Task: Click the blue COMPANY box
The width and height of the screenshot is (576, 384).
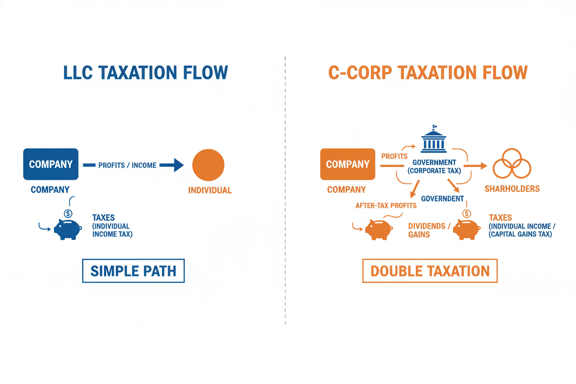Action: coord(51,164)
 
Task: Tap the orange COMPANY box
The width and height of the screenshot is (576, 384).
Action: coord(348,164)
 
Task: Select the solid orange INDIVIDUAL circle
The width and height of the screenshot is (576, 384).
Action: coord(208,165)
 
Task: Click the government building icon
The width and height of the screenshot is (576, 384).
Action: coord(434,138)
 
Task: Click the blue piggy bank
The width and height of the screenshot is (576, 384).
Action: coord(67,228)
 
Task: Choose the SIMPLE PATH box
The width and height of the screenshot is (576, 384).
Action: coord(133,271)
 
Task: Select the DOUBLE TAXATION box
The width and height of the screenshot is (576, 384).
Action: coord(430,271)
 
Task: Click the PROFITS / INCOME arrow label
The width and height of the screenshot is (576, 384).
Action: coord(127,165)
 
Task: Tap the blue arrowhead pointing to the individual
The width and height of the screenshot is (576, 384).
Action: coord(178,165)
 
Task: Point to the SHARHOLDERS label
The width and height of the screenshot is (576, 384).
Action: coord(512,189)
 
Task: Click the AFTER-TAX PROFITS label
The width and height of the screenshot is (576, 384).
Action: coord(386,206)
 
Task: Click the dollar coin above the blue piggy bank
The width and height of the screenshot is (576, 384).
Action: coord(68,214)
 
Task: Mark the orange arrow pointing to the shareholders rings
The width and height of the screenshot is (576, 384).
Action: coord(476,165)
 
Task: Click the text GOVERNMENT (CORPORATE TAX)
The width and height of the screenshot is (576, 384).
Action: coord(434,167)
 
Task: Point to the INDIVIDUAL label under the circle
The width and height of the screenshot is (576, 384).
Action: coord(210,190)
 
